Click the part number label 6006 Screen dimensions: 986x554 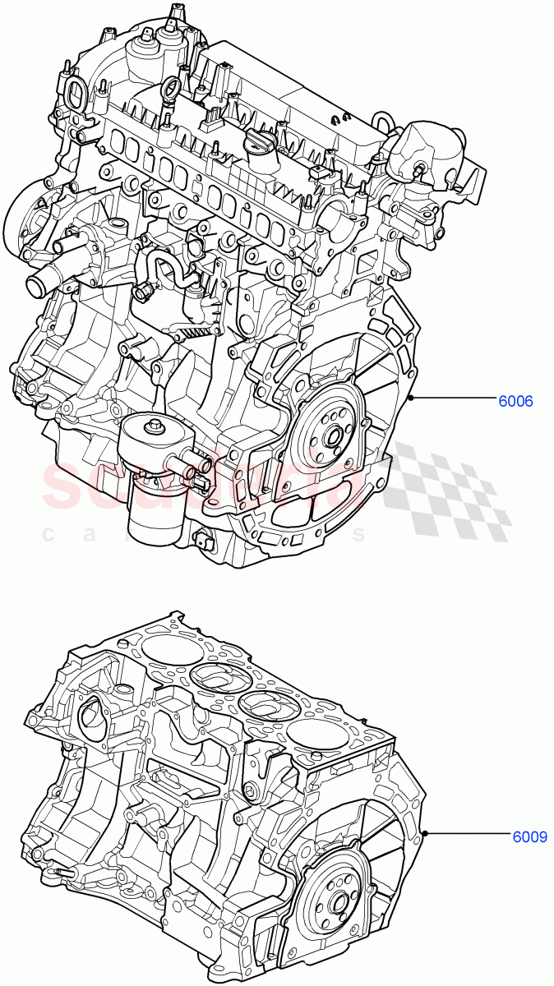tap(515, 402)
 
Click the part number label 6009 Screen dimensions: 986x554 tap(530, 837)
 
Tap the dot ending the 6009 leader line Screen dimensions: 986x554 tap(425, 835)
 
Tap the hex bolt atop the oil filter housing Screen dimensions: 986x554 tap(152, 426)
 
